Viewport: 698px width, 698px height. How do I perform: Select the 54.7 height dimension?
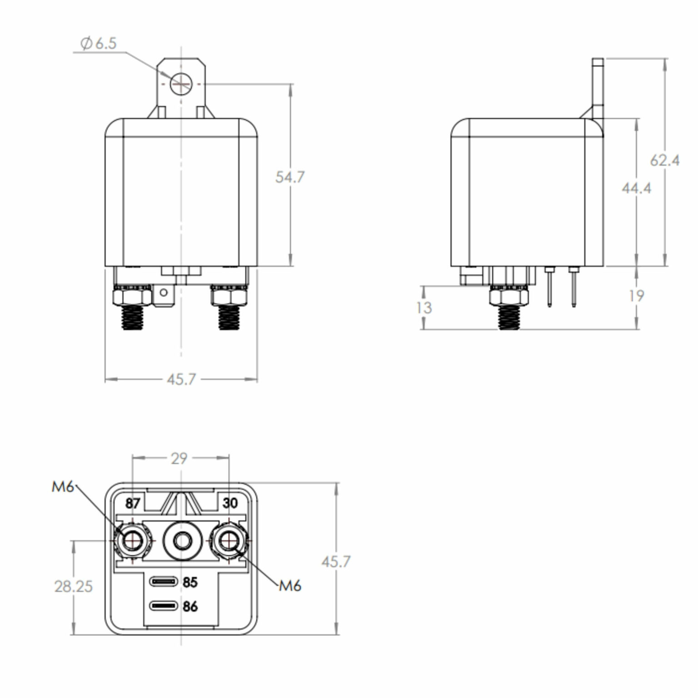[290, 177]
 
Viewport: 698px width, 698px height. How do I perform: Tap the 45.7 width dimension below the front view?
[181, 379]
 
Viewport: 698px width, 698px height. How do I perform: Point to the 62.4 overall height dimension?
[664, 160]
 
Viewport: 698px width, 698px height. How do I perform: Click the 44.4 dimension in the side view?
[636, 188]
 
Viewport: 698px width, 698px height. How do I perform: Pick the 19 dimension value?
[636, 296]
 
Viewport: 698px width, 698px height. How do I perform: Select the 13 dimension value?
[424, 308]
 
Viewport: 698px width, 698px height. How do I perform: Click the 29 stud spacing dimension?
[179, 459]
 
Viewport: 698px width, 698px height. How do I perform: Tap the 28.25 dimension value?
[73, 586]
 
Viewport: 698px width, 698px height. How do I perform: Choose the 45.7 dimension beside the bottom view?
[336, 562]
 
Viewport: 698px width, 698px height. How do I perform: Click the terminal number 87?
[132, 504]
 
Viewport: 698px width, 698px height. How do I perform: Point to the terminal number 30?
[230, 503]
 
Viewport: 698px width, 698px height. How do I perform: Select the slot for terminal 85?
[164, 582]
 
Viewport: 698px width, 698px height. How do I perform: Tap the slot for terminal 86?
[164, 606]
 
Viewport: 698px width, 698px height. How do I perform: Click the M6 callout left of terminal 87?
[62, 487]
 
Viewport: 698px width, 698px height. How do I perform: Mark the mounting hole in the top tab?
[180, 84]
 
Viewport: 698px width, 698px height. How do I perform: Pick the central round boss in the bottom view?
[182, 541]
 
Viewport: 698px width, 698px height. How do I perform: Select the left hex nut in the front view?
[132, 298]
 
